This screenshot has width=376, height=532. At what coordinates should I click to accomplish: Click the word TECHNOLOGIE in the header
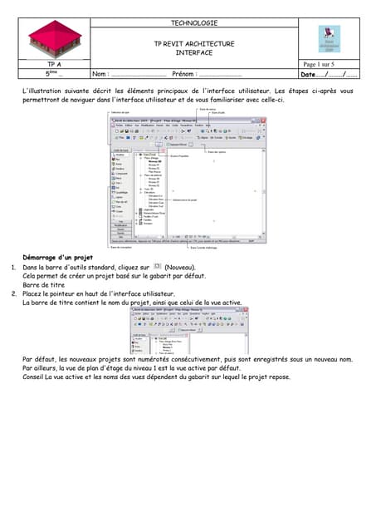click(x=193, y=23)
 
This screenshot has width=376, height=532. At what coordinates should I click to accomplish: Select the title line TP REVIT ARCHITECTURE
click(x=193, y=44)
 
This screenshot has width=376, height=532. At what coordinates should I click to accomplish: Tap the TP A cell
click(x=54, y=64)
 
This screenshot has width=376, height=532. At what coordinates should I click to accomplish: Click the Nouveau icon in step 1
click(x=158, y=267)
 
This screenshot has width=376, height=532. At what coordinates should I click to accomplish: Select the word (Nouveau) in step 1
click(x=180, y=268)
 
